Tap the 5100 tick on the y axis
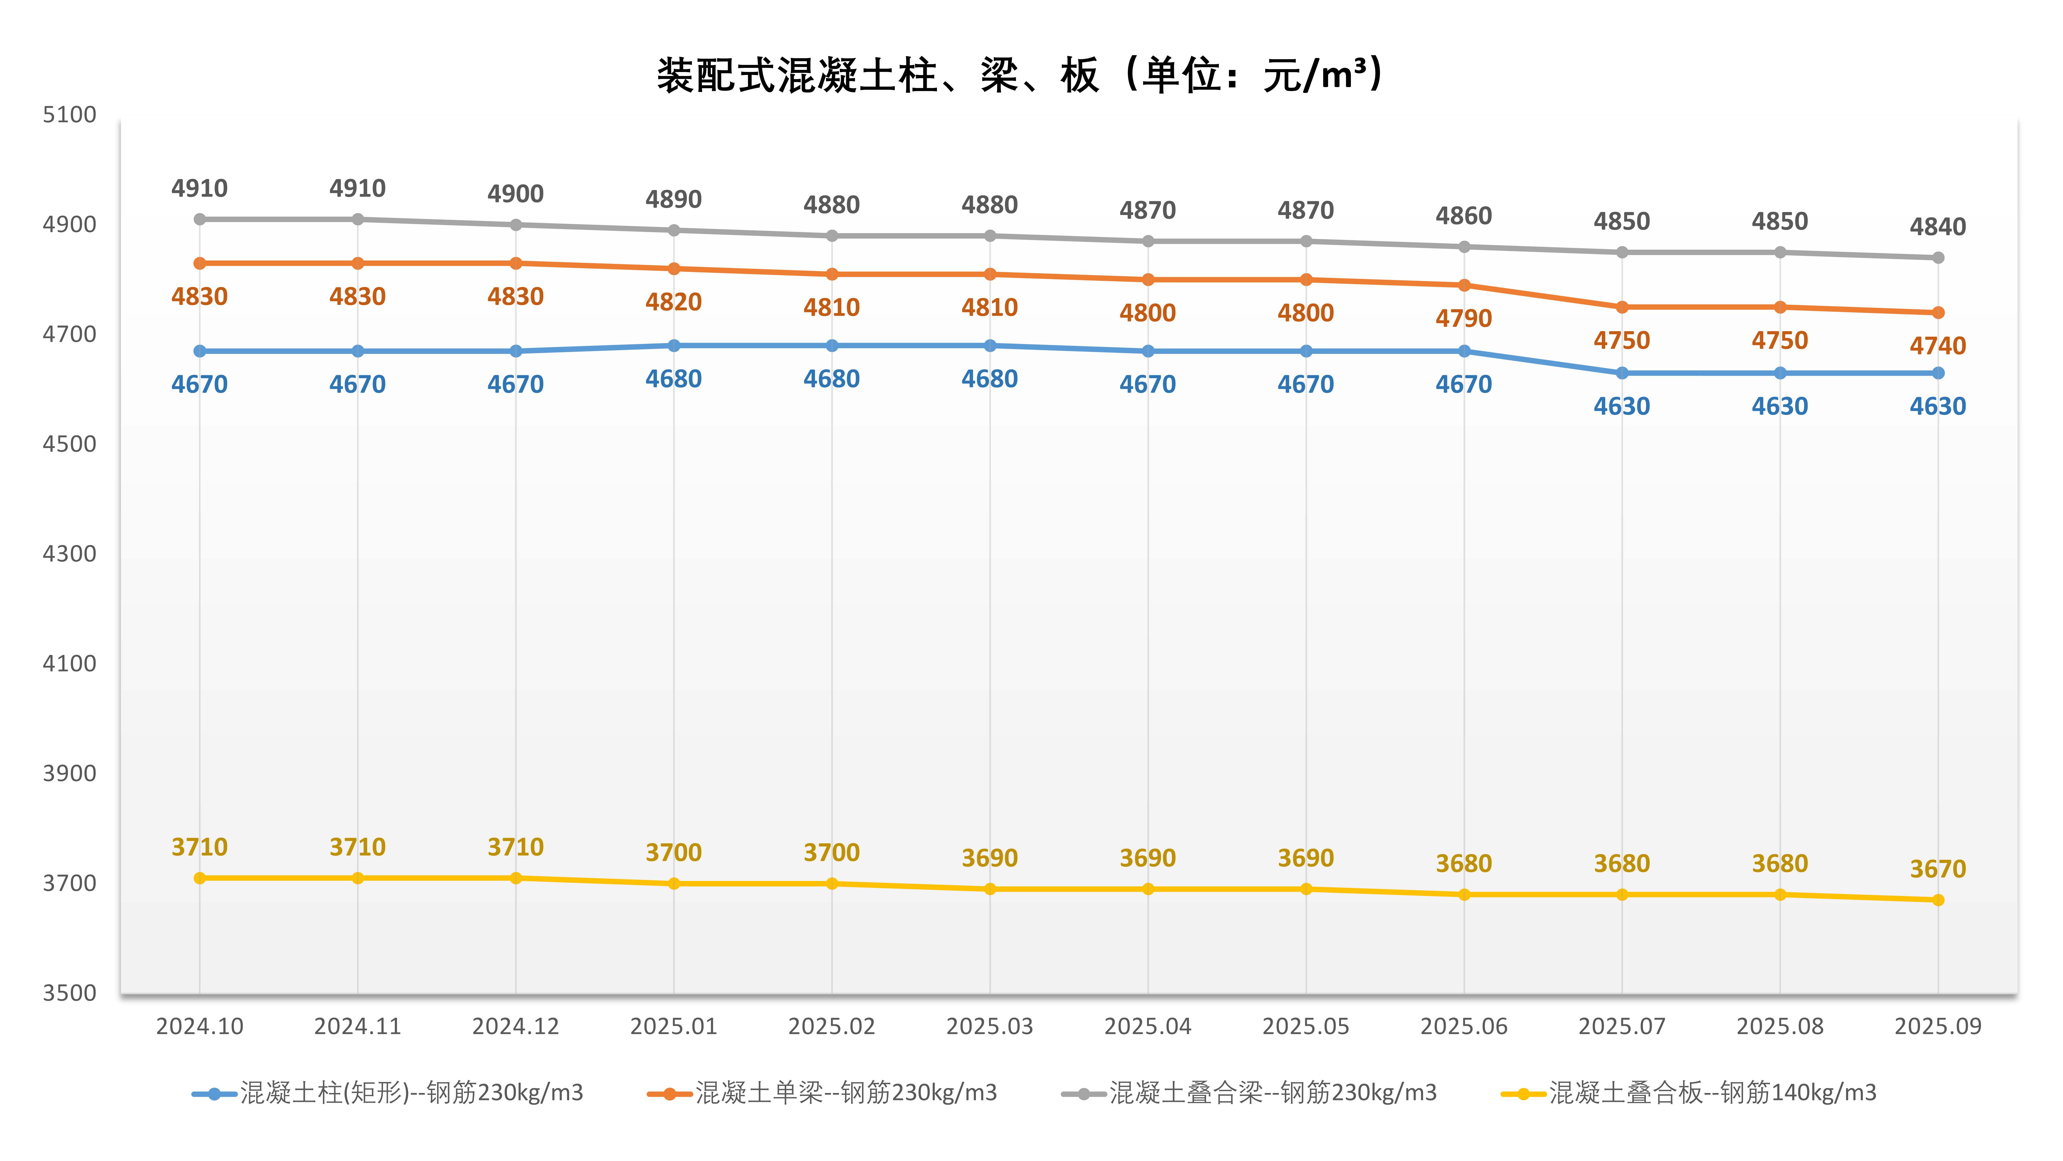click(x=70, y=114)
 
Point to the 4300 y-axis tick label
click(x=70, y=554)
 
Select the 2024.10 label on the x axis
click(x=199, y=1026)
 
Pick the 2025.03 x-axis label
click(x=990, y=1026)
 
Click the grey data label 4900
click(x=516, y=194)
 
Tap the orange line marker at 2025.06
click(x=1464, y=285)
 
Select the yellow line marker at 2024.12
click(x=516, y=878)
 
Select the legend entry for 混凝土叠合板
click(x=1690, y=1093)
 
